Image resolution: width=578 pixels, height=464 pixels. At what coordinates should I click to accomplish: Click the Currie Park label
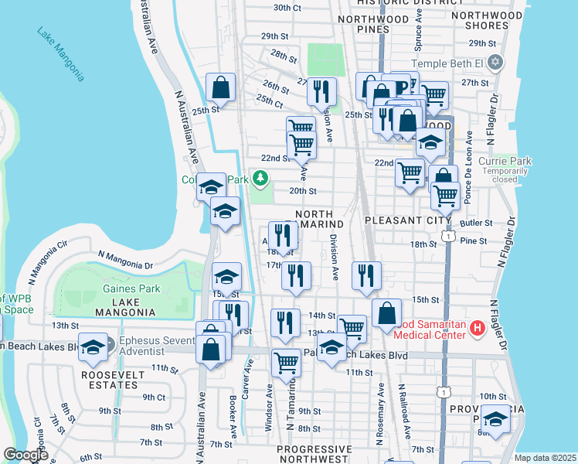505,161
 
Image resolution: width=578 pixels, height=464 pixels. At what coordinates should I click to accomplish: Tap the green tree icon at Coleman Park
261,179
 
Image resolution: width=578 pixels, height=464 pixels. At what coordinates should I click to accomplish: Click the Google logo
25,455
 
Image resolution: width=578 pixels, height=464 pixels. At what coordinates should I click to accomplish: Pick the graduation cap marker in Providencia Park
495,420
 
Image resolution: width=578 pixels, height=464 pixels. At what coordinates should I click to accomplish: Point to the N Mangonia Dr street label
123,260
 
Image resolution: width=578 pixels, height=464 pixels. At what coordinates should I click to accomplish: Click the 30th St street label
287,8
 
